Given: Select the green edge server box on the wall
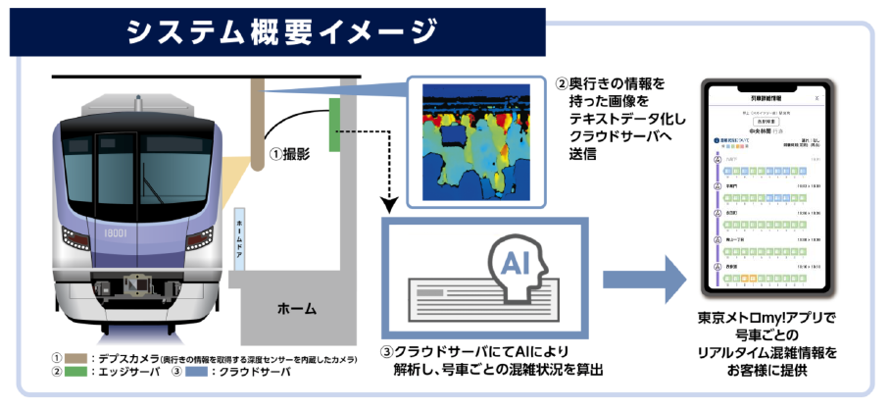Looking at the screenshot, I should tap(333, 125).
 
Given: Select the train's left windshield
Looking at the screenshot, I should tap(98, 162).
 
